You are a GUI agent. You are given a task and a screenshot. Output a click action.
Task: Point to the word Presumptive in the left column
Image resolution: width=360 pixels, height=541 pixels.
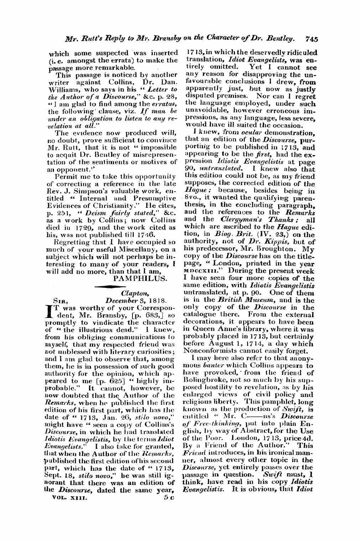[157, 194]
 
